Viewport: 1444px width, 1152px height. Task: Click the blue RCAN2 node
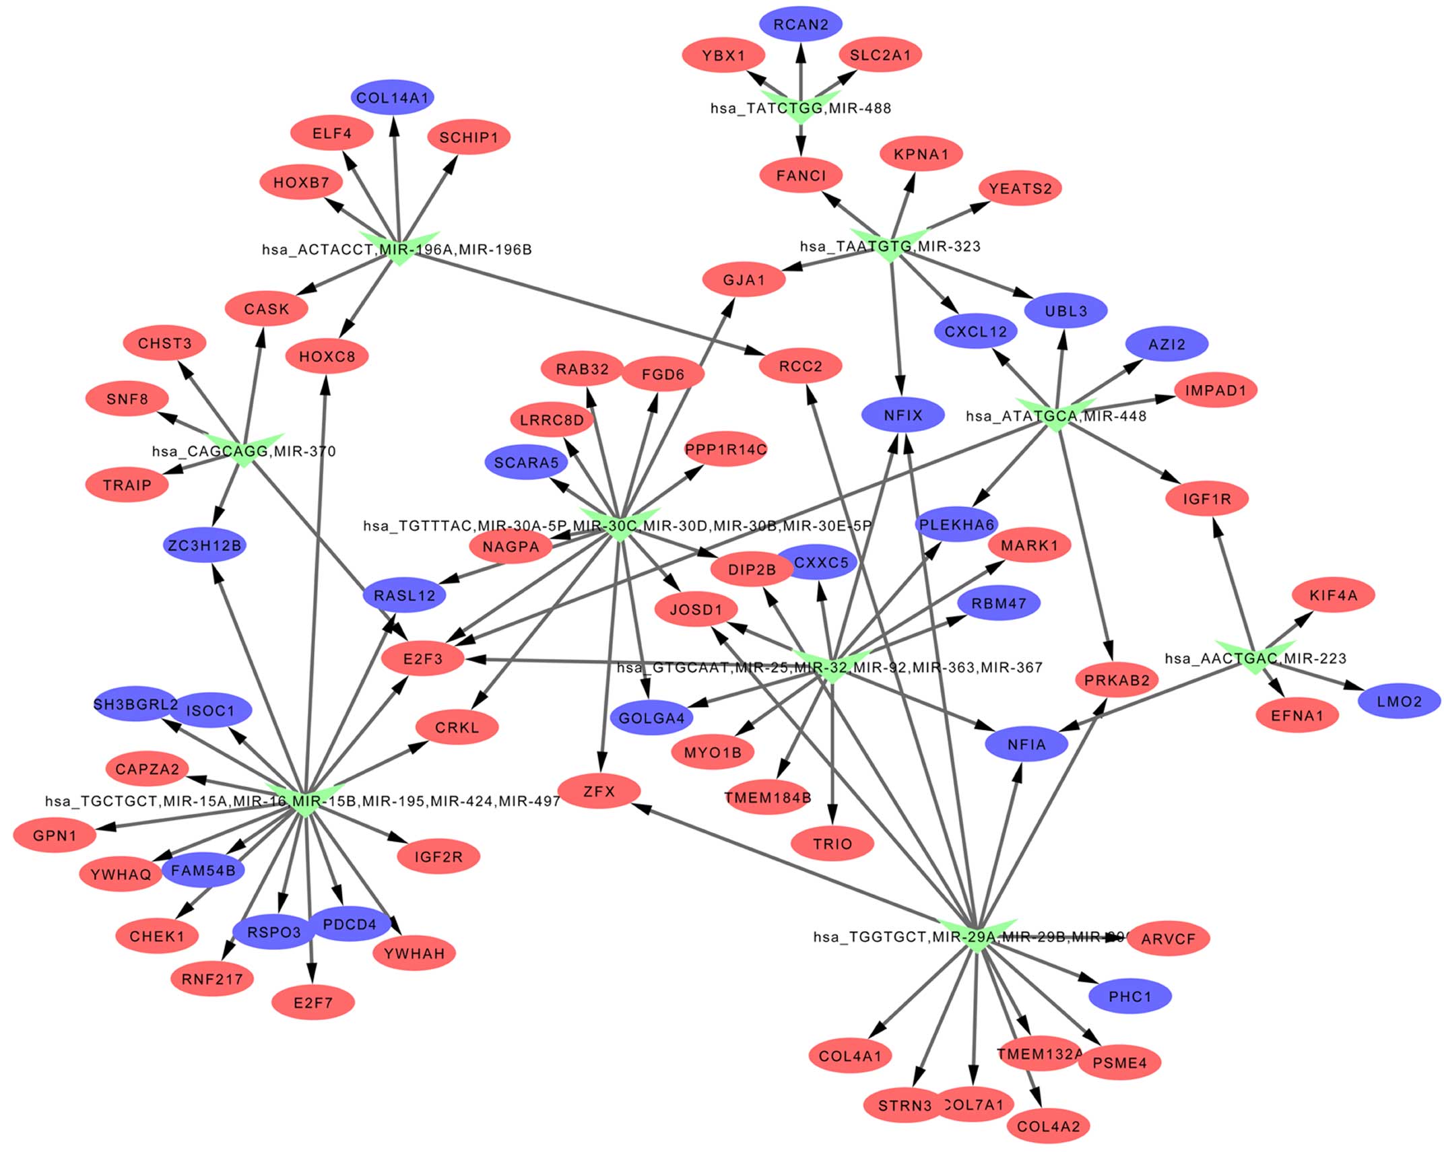point(800,25)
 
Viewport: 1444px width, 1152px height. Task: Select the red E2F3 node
point(423,658)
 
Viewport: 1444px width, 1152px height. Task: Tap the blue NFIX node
point(903,415)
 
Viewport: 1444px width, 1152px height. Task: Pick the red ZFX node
point(599,791)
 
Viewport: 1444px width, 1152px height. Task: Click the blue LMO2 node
point(1399,702)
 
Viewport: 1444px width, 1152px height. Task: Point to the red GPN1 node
point(55,836)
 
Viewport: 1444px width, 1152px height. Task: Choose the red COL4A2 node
point(1048,1126)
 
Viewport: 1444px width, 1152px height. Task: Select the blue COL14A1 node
point(392,98)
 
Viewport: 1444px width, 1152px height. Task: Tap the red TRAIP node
point(127,485)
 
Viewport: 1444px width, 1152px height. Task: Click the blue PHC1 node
point(1130,996)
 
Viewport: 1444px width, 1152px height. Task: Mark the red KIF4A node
point(1333,595)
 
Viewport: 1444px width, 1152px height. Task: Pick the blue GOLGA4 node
point(651,718)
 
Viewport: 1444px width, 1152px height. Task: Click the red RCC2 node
point(800,366)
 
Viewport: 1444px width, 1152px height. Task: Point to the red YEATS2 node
point(1020,189)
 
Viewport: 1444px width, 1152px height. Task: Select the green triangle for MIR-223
point(1254,656)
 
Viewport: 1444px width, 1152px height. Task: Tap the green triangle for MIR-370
point(244,450)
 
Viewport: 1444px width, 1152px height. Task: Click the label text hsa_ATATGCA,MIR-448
point(1055,416)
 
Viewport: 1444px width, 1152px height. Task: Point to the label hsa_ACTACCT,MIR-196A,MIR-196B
point(397,250)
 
